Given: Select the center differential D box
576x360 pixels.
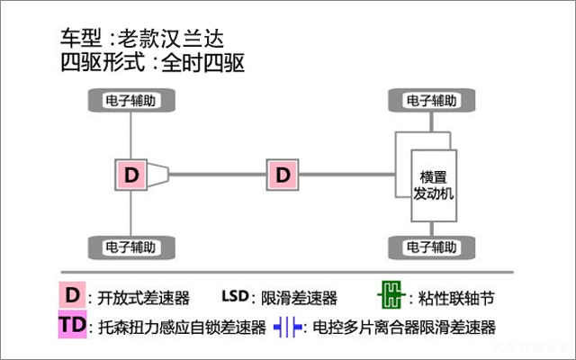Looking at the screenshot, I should pyautogui.click(x=283, y=174).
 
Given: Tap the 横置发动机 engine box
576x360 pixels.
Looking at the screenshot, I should pyautogui.click(x=434, y=184).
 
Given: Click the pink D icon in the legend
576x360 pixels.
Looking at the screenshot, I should pyautogui.click(x=71, y=296).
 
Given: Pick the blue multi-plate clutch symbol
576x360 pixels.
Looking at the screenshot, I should pyautogui.click(x=288, y=326).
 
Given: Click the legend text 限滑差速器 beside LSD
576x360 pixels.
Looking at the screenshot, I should pyautogui.click(x=299, y=298).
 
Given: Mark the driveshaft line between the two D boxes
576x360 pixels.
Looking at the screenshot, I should pyautogui.click(x=216, y=174).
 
